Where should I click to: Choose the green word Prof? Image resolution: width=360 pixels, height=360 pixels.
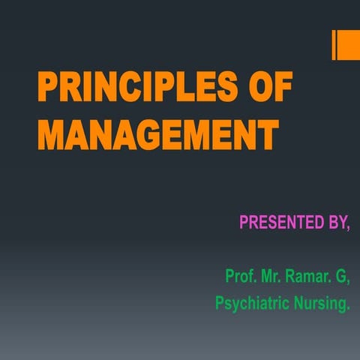(240, 276)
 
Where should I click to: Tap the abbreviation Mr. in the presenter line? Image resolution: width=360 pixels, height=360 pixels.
(271, 276)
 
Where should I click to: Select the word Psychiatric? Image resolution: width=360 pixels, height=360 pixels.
(253, 304)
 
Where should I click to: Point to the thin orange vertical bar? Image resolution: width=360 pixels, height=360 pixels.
(334, 45)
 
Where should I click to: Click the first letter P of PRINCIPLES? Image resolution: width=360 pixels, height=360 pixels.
(48, 92)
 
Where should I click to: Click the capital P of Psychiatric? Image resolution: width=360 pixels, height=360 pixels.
(220, 304)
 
